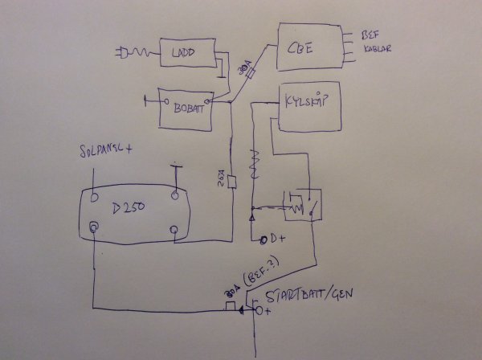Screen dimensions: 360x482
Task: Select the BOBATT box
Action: pyautogui.click(x=186, y=108)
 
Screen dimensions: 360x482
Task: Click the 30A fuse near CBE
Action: pyautogui.click(x=247, y=74)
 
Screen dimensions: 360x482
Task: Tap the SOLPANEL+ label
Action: pyautogui.click(x=109, y=151)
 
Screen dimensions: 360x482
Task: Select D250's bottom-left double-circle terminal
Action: pyautogui.click(x=94, y=228)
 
